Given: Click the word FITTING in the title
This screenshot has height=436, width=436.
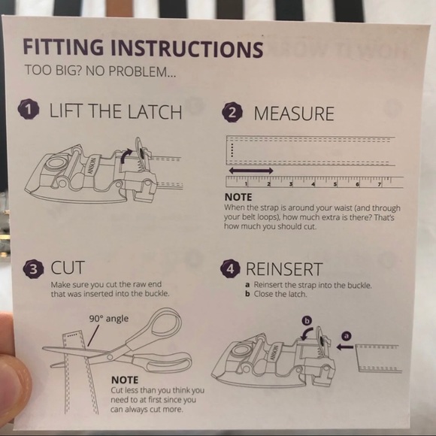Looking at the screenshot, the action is coord(63,47).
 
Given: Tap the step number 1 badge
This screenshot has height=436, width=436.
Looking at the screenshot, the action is coord(29,110).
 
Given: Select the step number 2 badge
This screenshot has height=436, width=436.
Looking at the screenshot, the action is coord(232,112).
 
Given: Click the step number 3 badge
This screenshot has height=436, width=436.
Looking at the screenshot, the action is coord(33,269).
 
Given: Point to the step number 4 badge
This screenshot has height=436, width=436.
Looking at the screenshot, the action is coord(230,268).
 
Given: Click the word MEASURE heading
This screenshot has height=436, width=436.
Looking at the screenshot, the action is coord(294,114).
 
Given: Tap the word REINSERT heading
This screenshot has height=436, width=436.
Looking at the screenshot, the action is coord(284,269).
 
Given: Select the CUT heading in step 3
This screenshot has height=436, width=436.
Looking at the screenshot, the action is coord(68,268).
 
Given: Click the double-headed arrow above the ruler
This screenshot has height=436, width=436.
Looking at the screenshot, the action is coord(251,171).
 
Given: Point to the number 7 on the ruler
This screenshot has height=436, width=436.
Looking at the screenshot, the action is coord(379,184).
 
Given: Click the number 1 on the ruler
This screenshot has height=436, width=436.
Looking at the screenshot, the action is coord(246,183).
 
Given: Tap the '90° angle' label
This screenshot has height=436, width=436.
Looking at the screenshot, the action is coord(109,319).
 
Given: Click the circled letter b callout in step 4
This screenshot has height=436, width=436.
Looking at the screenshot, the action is coord(307,321).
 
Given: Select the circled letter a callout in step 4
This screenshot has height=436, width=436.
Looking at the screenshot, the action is coord(347,336).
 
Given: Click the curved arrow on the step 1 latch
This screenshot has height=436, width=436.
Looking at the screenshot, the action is coord(125,155).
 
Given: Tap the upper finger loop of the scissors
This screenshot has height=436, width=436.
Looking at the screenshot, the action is coord(163,323).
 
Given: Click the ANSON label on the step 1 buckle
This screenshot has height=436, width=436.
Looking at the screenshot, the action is coord(92,166).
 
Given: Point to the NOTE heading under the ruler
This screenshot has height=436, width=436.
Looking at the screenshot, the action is coord(238,197).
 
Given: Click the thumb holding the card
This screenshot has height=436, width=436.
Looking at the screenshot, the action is coord(14,370).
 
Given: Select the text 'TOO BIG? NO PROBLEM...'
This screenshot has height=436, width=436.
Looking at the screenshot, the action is coord(100,71).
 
